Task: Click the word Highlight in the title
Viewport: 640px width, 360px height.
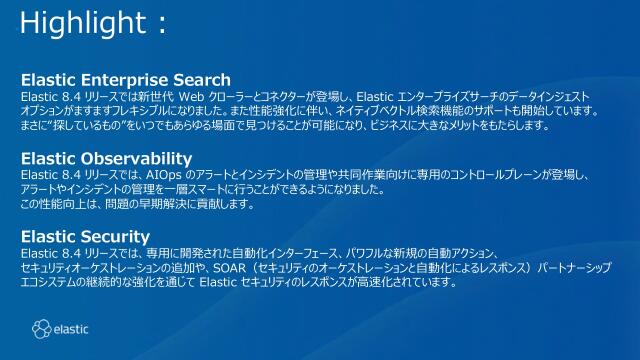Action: (x=73, y=22)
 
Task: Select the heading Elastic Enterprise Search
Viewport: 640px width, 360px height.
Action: (x=126, y=80)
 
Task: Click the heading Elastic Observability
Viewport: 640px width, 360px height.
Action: (x=106, y=159)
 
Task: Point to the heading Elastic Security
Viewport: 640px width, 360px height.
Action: (x=85, y=237)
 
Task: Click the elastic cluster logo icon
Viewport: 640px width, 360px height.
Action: (x=40, y=327)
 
